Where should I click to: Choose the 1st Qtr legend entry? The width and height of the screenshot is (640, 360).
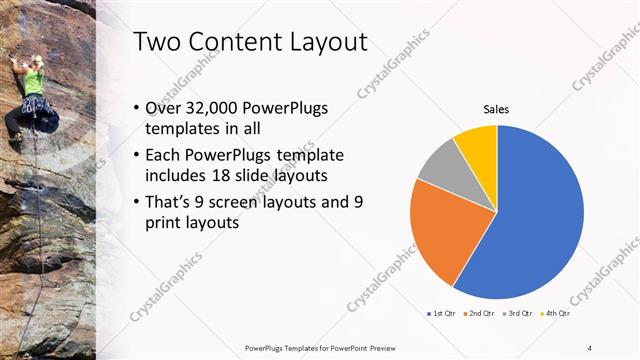440,314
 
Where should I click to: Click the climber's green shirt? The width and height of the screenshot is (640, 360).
35,80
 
